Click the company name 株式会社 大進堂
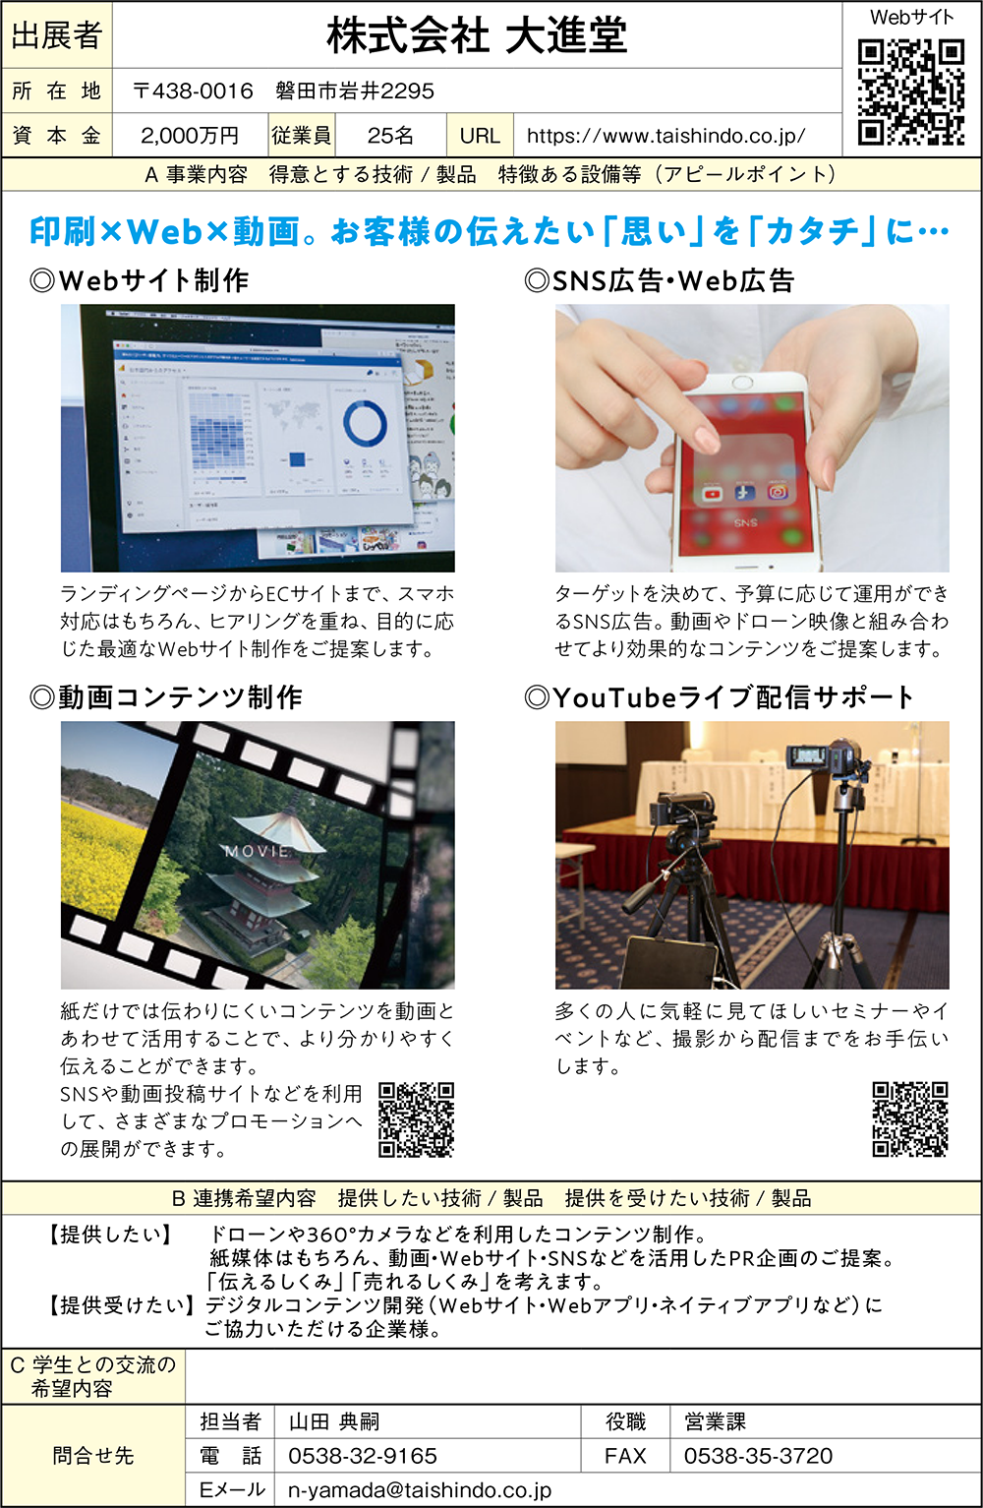click(477, 35)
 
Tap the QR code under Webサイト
click(911, 92)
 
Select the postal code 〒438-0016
click(193, 90)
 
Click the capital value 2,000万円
click(190, 136)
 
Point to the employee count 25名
click(390, 136)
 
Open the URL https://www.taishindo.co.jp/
click(666, 136)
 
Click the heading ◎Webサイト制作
click(140, 280)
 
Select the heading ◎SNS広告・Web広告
click(660, 280)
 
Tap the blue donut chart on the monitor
click(365, 423)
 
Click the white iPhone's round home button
click(741, 383)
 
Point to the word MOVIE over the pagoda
click(258, 852)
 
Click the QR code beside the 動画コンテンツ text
click(416, 1119)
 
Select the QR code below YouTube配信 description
click(910, 1118)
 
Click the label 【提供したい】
click(110, 1234)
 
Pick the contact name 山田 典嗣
click(334, 1421)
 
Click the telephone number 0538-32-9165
click(363, 1456)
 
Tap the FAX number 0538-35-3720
click(758, 1456)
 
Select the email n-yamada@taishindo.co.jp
click(420, 1490)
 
